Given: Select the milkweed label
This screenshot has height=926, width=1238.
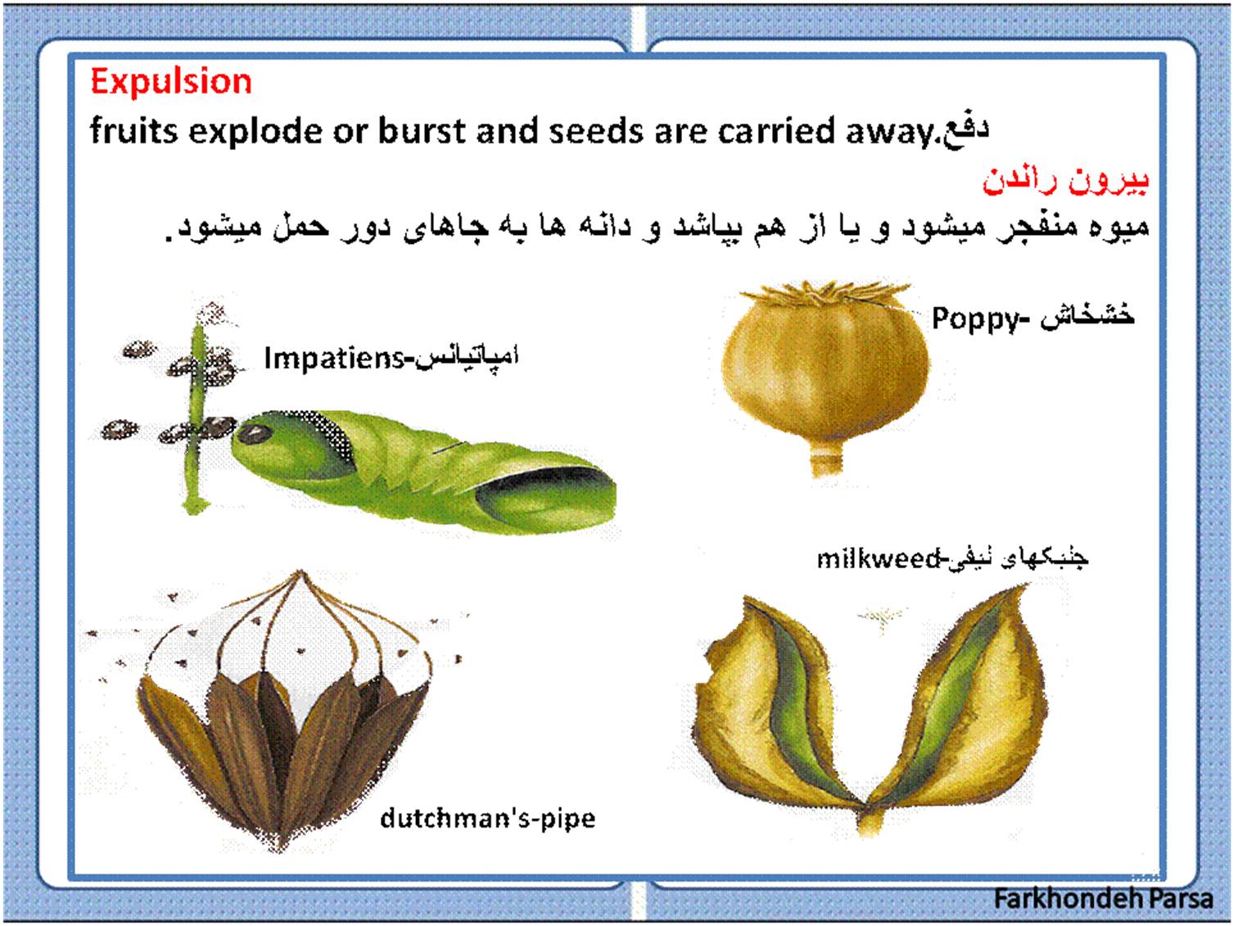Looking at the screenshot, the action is (879, 558).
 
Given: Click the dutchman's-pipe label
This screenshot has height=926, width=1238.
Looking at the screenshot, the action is (488, 819).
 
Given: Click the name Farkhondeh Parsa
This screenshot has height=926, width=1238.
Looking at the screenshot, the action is (1103, 898).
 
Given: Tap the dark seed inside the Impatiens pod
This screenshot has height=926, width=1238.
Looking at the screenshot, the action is (253, 434).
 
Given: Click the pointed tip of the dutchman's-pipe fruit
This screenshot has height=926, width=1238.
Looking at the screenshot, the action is (300, 573).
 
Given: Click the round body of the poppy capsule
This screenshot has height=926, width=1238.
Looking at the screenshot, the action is (825, 373).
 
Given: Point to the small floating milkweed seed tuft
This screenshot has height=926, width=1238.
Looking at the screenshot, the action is (882, 616).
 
